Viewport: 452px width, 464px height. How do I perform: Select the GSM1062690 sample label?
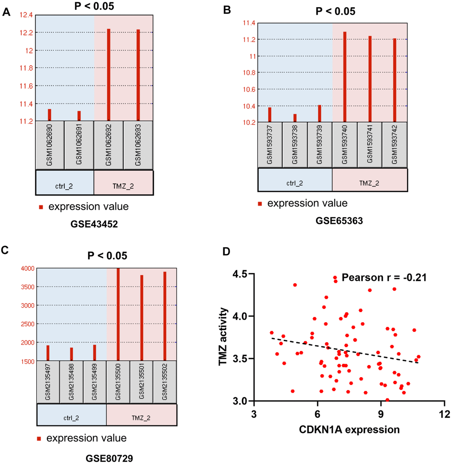[x=50, y=144]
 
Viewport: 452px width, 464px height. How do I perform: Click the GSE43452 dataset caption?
[x=95, y=224]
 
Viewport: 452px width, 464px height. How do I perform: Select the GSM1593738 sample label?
[x=295, y=144]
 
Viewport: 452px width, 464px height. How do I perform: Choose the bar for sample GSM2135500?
[x=118, y=315]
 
